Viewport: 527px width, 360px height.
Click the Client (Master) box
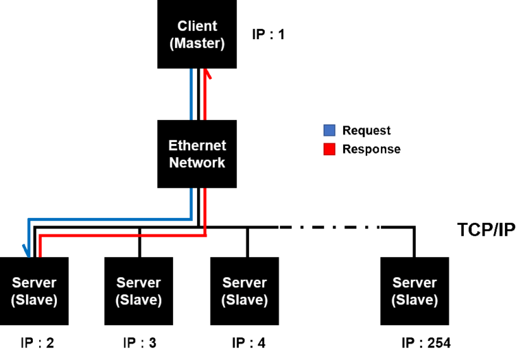pos(197,34)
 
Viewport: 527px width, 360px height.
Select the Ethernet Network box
pos(197,154)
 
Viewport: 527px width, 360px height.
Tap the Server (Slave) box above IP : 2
pos(34,291)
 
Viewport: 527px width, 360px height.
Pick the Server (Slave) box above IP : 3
pos(139,291)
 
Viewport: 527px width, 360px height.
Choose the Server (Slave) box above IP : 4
pos(245,291)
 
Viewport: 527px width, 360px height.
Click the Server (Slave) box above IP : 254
pos(414,291)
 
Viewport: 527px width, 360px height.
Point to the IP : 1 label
pos(268,34)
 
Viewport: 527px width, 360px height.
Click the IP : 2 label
pos(37,343)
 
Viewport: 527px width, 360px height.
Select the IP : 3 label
pos(140,343)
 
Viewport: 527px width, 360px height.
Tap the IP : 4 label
pos(248,343)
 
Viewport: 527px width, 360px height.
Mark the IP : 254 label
pos(426,343)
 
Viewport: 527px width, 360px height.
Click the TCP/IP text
pos(487,230)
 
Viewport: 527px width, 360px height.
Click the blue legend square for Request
pos(329,130)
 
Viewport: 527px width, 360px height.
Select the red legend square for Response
pos(329,149)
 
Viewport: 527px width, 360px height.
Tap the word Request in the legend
pos(366,130)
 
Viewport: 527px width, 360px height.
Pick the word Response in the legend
pos(371,149)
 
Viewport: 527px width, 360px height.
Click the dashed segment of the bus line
pos(329,228)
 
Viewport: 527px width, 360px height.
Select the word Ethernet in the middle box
pos(197,145)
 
